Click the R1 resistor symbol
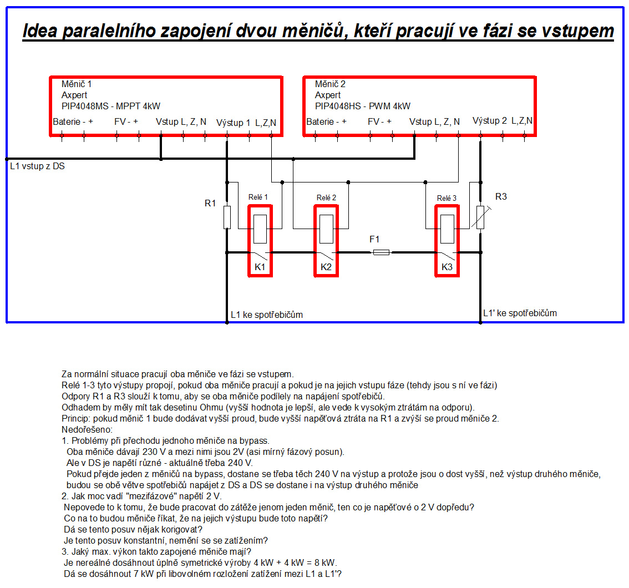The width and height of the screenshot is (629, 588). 227,217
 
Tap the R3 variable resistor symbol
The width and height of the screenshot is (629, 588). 480,217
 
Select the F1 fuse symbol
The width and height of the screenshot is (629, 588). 381,252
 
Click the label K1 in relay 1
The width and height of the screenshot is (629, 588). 260,267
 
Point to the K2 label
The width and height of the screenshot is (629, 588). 326,267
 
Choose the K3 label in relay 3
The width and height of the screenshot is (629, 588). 447,267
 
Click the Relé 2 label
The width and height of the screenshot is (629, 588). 326,197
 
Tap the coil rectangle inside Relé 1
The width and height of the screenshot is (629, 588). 260,229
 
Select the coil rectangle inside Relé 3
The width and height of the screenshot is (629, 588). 447,229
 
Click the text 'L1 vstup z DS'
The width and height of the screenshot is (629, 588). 37,166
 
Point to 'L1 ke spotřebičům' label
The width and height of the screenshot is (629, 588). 267,315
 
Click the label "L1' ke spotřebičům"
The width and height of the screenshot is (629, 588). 520,313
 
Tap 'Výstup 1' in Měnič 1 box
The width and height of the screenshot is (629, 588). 233,123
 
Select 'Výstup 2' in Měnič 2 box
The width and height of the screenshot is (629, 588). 489,121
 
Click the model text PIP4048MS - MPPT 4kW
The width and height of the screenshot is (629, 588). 111,107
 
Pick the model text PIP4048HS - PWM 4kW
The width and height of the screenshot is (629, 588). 363,107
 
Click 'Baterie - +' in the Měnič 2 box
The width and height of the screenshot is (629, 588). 326,121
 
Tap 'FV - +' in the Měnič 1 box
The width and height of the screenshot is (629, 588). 126,121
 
